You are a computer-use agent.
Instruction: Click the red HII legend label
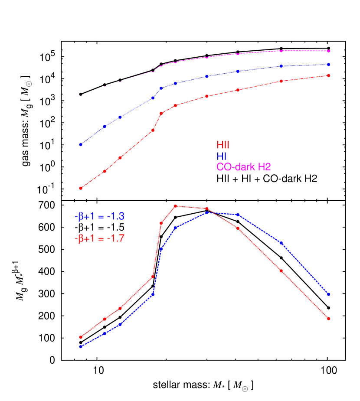223,145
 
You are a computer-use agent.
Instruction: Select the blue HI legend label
221,156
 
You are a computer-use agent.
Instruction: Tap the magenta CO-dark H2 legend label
244,167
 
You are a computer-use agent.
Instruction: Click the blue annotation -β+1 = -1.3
99,217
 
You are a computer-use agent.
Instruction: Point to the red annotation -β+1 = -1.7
100,238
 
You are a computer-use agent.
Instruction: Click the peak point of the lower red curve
175,206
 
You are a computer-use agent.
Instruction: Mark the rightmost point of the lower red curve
328,319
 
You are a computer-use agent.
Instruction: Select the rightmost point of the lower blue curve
328,294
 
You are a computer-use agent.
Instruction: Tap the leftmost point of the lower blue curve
81,346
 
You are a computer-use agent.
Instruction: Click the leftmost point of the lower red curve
81,337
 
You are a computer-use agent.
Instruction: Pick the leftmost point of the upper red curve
81,188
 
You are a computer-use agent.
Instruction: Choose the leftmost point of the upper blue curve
81,144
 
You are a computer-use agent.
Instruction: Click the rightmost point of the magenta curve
328,51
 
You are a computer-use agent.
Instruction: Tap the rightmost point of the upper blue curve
328,65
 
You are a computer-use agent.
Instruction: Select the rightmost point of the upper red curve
328,75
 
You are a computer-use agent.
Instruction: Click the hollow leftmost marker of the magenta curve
81,94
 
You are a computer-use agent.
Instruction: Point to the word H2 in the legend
264,167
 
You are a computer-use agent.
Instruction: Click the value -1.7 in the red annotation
116,238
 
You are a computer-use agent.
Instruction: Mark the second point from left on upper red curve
105,171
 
